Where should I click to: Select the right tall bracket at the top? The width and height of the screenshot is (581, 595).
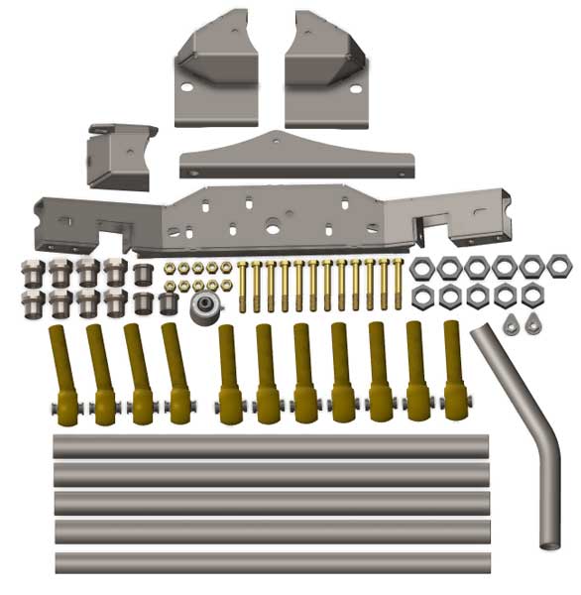tap(325, 74)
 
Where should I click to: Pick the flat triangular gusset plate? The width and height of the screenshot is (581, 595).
tap(295, 157)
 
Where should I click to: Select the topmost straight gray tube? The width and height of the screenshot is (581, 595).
tap(271, 446)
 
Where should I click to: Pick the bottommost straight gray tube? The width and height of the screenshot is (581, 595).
tap(272, 562)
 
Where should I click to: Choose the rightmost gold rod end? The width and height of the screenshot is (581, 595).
tap(454, 372)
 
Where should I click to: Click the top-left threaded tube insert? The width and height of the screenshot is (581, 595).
tap(32, 271)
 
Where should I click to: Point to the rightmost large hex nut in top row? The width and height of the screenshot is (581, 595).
tap(559, 266)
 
